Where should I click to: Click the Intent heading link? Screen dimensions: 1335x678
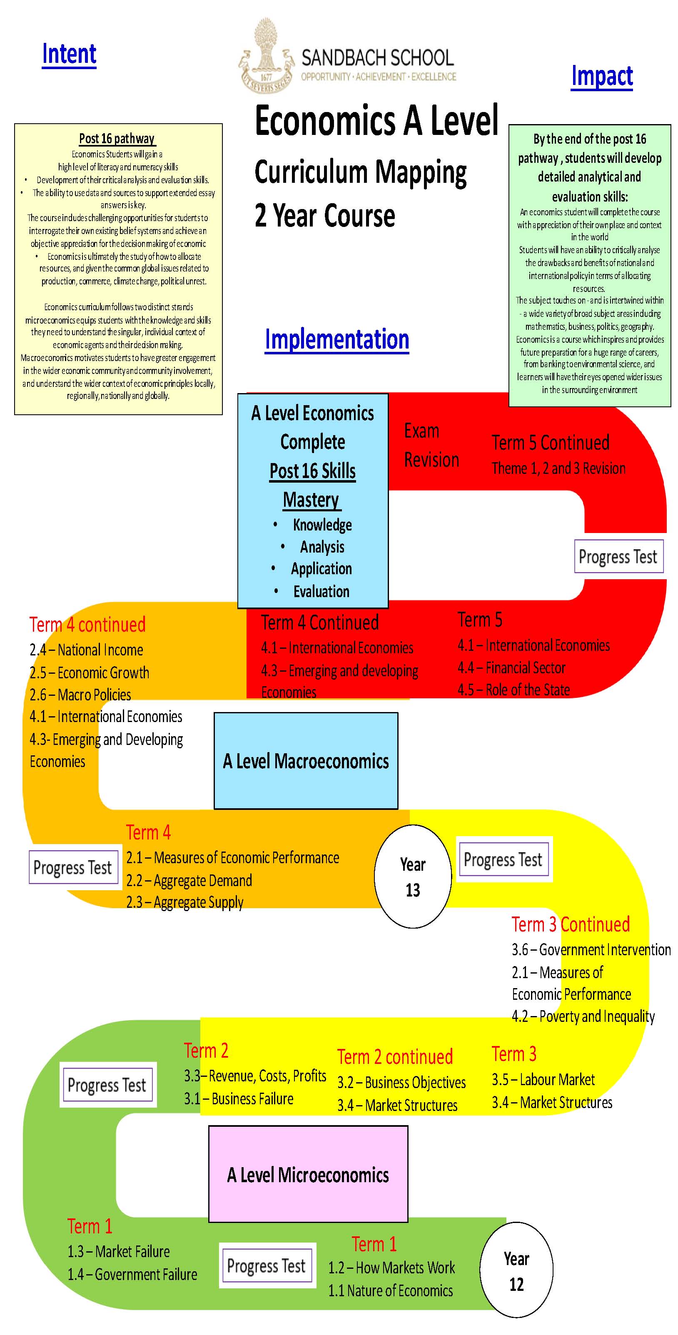pyautogui.click(x=69, y=54)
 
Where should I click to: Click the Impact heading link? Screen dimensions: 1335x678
pyautogui.click(x=601, y=76)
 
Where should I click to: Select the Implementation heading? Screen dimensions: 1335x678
pyautogui.click(x=337, y=339)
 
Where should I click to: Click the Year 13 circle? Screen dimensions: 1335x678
pyautogui.click(x=413, y=877)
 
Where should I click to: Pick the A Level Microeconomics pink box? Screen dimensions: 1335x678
pyautogui.click(x=308, y=1174)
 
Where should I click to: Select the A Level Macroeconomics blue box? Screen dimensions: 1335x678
pyautogui.click(x=306, y=761)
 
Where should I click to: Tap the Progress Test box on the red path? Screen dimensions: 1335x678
pyautogui.click(x=618, y=557)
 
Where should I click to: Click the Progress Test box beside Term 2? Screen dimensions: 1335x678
pyautogui.click(x=107, y=1085)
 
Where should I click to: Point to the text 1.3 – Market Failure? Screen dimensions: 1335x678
pyautogui.click(x=119, y=1252)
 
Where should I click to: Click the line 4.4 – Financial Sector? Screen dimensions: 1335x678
pyautogui.click(x=511, y=667)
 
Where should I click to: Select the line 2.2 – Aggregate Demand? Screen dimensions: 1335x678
pyautogui.click(x=189, y=881)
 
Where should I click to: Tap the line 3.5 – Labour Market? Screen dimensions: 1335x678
pyautogui.click(x=543, y=1079)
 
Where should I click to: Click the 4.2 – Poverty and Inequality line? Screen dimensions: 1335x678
pyautogui.click(x=583, y=1016)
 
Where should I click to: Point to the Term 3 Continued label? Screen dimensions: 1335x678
pyautogui.click(x=571, y=924)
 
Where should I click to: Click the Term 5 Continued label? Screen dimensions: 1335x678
pyautogui.click(x=550, y=443)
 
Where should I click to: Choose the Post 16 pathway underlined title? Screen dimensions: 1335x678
pyautogui.click(x=117, y=138)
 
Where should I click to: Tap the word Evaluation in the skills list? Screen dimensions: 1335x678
pyautogui.click(x=322, y=591)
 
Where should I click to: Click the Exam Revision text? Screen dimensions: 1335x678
pyautogui.click(x=431, y=445)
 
